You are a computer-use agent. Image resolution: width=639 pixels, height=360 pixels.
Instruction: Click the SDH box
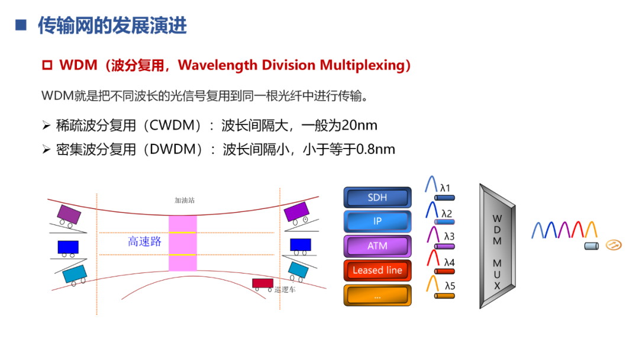tap(377, 198)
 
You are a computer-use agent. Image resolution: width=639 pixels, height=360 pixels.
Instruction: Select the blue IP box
tap(377, 221)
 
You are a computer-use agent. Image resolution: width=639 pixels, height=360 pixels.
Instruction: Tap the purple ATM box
tap(377, 246)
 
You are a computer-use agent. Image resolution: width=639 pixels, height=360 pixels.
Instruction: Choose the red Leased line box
tap(377, 270)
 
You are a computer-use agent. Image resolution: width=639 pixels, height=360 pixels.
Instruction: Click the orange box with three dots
tap(377, 294)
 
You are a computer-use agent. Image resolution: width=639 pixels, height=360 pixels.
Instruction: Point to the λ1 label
tap(446, 188)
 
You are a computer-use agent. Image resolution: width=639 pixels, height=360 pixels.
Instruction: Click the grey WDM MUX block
tap(497, 246)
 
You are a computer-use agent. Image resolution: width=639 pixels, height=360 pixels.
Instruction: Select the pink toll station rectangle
tap(182, 243)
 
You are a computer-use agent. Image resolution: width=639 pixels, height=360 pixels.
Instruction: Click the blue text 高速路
tap(145, 242)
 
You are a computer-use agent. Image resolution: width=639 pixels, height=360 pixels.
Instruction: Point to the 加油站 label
tap(185, 200)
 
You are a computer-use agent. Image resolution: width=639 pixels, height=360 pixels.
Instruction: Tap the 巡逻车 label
tap(285, 290)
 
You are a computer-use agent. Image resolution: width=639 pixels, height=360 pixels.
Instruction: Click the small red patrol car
tap(262, 284)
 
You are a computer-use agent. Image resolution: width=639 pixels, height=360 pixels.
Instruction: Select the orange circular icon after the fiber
tap(614, 245)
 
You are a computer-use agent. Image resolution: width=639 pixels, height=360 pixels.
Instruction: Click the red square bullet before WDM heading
tap(47, 65)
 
